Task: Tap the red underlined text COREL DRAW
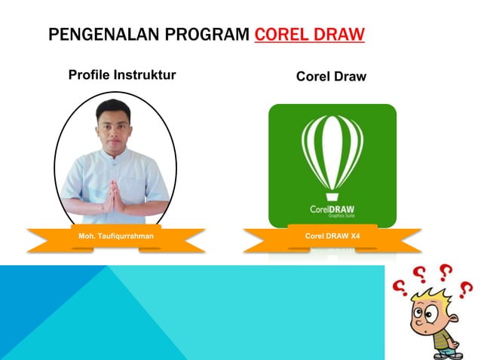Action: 310,35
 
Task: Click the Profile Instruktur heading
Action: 122,75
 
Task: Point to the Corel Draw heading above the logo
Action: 331,76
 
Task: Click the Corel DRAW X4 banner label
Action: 332,236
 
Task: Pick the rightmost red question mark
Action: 466,289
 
